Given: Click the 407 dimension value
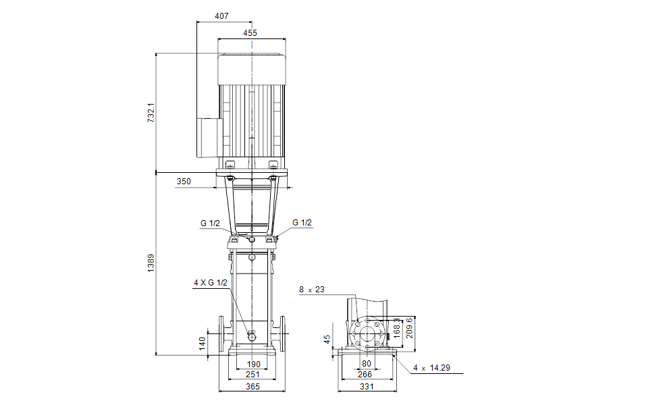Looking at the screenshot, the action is coord(221,16).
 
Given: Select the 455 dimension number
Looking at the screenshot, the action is coord(250,33).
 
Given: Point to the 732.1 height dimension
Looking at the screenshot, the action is coord(151,113).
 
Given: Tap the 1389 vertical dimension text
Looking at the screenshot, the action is coord(151,263).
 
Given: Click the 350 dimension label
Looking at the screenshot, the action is coord(184,182).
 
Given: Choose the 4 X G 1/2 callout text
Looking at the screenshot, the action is coord(210,283).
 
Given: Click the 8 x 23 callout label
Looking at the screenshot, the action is coord(312,290).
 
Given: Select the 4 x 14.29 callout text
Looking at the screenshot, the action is coord(431,368).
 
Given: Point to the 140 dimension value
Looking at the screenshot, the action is coord(203,344).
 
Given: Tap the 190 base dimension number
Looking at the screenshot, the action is coord(253,364).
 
